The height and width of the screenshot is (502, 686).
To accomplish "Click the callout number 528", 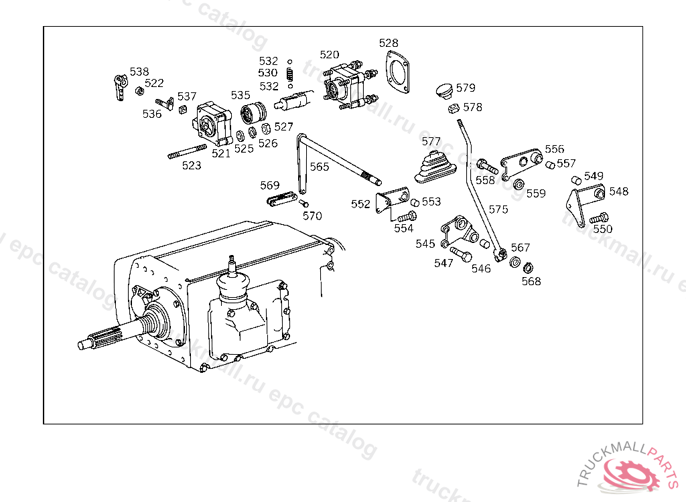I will [389, 44].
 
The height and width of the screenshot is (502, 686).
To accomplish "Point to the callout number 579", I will [466, 88].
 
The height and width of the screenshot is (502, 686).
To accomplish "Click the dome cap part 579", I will [442, 90].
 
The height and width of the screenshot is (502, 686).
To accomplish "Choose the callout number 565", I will [320, 167].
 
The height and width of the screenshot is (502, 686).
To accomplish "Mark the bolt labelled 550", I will [599, 218].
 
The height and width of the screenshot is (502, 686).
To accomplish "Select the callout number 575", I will [498, 210].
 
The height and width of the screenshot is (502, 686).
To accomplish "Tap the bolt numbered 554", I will [407, 217].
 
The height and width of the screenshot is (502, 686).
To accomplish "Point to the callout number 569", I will [270, 185].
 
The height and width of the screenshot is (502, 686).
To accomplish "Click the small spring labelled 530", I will [290, 73].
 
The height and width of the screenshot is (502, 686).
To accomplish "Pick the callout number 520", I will [330, 55].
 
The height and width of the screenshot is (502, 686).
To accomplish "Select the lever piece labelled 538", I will [119, 88].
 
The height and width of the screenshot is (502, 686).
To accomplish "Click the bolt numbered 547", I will [461, 254].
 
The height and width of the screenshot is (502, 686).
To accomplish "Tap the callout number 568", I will [531, 281].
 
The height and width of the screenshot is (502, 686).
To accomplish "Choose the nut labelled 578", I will [452, 108].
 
